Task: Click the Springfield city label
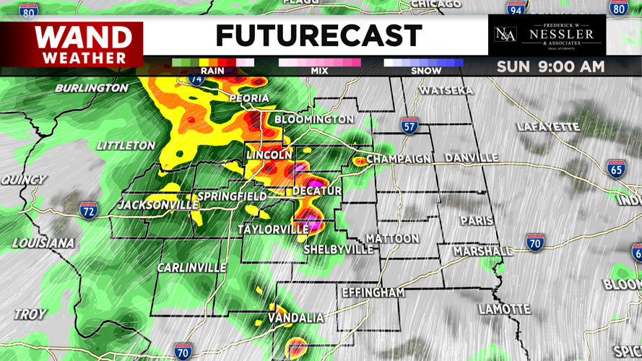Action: [232, 196]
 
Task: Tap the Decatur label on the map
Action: [317, 191]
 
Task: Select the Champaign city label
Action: [399, 159]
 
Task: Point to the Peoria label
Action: [249, 98]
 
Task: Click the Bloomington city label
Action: [314, 119]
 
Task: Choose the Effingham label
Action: [373, 293]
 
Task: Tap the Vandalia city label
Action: [296, 318]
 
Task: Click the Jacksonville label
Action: [159, 205]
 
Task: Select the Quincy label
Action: [23, 179]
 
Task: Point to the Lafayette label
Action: [549, 127]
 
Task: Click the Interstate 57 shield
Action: [410, 126]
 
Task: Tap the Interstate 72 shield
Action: [89, 211]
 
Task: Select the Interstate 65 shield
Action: [616, 170]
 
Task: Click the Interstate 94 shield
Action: [516, 9]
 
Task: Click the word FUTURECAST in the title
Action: [318, 35]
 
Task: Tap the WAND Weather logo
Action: [84, 44]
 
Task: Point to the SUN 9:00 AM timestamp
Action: [550, 67]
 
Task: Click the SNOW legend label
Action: [426, 71]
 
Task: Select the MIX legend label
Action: [319, 71]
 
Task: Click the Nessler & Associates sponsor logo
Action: [546, 35]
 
